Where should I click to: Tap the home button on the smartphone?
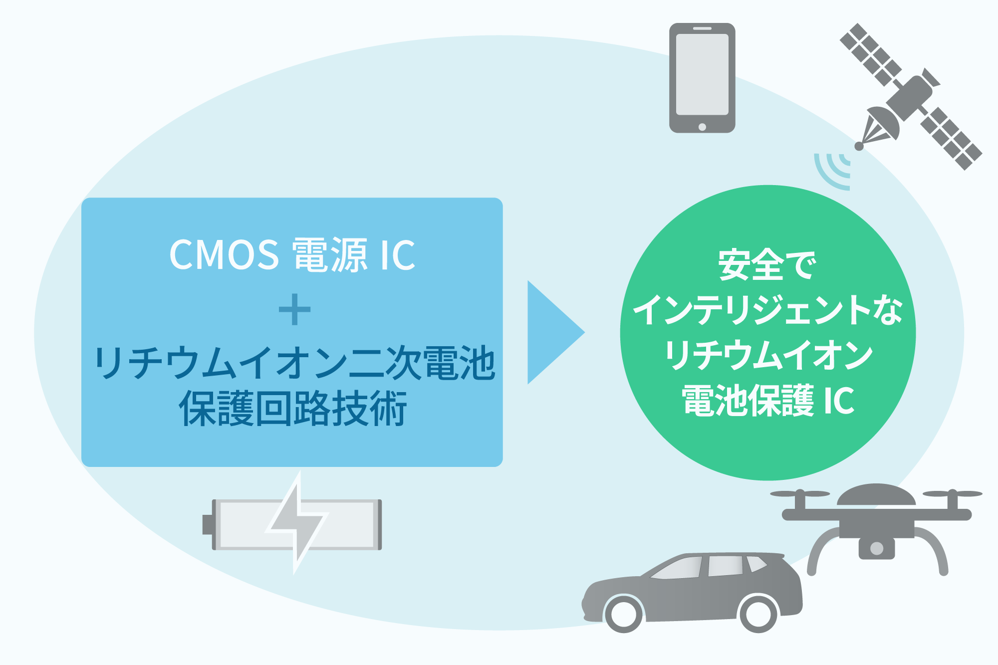[702, 127]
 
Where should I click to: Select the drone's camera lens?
[876, 548]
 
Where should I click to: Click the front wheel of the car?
[624, 614]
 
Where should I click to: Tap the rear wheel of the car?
[758, 614]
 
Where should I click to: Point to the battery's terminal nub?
[207, 524]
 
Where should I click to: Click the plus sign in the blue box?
[294, 309]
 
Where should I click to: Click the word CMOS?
[224, 255]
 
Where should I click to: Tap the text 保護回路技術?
[293, 408]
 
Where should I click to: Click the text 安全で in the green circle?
[767, 264]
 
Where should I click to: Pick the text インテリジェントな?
[767, 310]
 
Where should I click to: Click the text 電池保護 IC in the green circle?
[767, 400]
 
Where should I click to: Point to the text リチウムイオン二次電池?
[294, 363]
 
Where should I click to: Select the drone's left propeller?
[800, 494]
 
